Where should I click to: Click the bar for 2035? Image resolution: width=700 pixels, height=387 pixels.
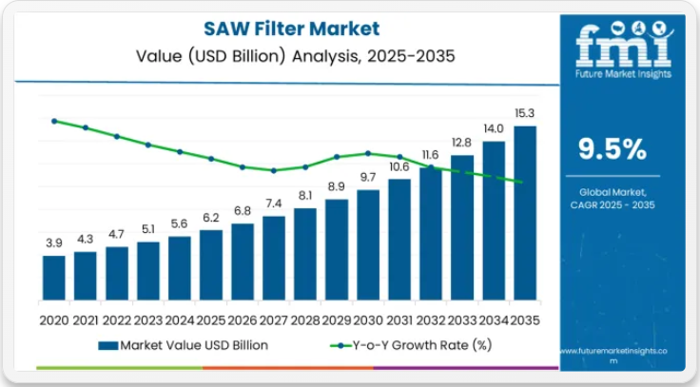[x=525, y=213]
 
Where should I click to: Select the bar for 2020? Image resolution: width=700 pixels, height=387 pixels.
[x=54, y=277]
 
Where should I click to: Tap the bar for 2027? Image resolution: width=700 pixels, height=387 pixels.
[x=274, y=258]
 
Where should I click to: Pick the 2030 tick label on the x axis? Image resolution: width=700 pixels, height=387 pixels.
[x=368, y=319]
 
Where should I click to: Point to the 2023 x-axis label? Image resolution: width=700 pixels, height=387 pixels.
[x=148, y=319]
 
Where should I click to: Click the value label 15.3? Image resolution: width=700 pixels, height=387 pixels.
[x=525, y=113]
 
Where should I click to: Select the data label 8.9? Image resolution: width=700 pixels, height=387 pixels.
[x=337, y=186]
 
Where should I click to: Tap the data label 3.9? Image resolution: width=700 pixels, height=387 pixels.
[x=54, y=243]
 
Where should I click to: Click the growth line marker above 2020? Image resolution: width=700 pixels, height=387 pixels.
[x=54, y=121]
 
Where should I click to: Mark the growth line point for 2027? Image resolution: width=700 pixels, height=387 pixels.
[x=274, y=171]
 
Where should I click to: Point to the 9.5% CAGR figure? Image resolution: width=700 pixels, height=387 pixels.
[x=613, y=149]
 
